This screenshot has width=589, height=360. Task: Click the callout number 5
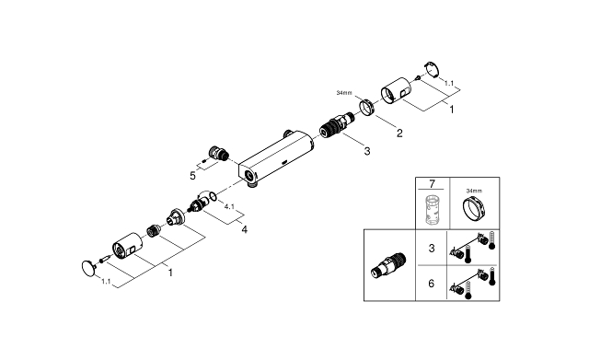point(192,176)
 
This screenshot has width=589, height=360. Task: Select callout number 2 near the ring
point(399,133)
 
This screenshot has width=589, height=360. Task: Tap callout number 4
point(244,229)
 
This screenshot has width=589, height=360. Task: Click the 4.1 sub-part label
point(229,206)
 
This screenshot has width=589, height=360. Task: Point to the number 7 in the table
point(432,184)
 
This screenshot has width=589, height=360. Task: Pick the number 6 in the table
point(432,283)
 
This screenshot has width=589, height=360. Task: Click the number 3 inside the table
point(432,248)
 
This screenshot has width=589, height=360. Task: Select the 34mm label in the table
point(475,191)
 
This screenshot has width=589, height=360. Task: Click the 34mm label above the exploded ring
point(344,92)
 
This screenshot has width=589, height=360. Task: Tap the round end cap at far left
point(88,268)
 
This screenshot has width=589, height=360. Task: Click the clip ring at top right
point(432,69)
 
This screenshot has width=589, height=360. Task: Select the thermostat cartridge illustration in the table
point(388,266)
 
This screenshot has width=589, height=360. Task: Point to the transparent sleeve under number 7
point(432,210)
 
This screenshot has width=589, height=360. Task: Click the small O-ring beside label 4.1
point(213,196)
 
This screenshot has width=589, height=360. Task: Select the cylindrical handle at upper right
point(397,90)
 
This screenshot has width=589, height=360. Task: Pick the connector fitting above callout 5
point(219,154)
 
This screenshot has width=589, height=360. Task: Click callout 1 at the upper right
point(452,110)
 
